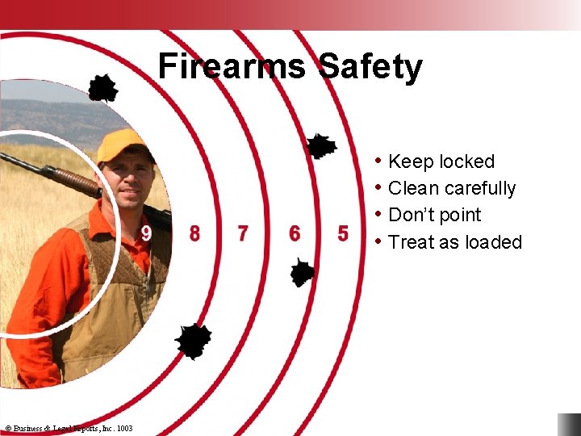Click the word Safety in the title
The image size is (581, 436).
pos(370,66)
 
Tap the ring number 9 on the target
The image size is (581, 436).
pos(146,234)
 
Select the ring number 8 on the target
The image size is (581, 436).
pos(194,234)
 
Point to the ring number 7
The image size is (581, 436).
pos(243,234)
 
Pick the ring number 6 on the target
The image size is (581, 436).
pos(295,234)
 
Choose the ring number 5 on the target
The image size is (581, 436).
pos(343,234)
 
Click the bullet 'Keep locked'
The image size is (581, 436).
pos(441,161)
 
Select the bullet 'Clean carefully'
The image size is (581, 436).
pos(451,188)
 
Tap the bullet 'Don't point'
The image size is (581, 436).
pos(434,215)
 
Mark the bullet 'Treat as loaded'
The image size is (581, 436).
pos(454,242)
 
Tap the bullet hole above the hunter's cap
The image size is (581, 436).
pos(102,88)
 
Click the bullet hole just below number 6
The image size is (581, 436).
pos(302,272)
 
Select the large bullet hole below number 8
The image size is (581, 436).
pos(194,341)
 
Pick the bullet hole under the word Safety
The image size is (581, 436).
pos(321,146)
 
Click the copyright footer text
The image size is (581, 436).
pos(69,428)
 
